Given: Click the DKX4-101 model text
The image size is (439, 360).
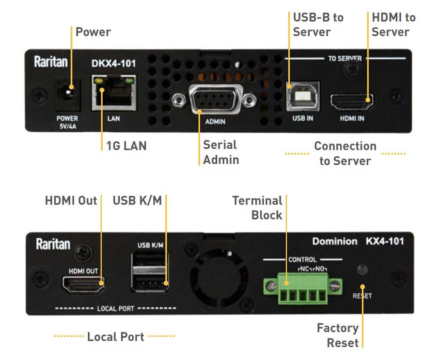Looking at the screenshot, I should tap(114, 63).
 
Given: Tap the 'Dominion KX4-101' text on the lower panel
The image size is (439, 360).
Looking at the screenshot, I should tap(358, 241).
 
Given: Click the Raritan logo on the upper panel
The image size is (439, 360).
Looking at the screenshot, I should tap(51, 62).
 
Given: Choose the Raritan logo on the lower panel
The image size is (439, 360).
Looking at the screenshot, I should tap(53, 244).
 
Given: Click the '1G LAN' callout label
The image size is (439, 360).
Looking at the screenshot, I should tap(126, 145).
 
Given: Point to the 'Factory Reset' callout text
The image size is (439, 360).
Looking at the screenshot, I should tap(338, 335).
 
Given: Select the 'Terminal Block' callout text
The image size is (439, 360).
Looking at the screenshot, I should tap(258, 208).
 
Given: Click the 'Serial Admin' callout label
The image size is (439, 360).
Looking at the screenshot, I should tap(221, 152).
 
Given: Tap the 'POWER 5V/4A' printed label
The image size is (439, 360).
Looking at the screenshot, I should tap(67, 122).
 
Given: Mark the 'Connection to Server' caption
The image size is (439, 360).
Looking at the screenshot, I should tap(345, 153).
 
